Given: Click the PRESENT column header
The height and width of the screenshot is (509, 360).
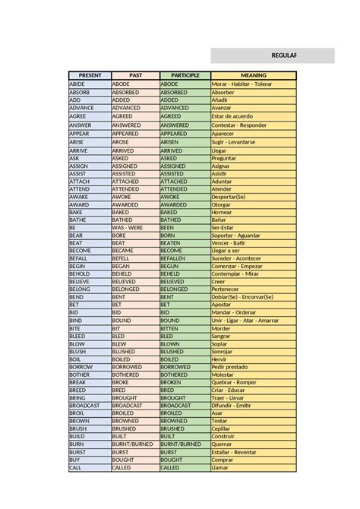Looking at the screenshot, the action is (90, 75).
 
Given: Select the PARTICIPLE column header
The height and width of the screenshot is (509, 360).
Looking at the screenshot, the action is (185, 75).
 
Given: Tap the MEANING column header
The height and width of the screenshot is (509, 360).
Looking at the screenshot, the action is (253, 75).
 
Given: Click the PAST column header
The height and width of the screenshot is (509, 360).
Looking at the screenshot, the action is (135, 75).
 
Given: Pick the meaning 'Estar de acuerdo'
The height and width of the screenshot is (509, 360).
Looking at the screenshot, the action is (234, 116).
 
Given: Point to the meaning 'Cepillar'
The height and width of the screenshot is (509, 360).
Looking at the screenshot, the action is (223, 428).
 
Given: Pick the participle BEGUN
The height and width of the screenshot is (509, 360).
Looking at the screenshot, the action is (169, 266).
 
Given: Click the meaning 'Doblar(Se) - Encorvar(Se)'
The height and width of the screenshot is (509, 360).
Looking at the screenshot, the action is (242, 297).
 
